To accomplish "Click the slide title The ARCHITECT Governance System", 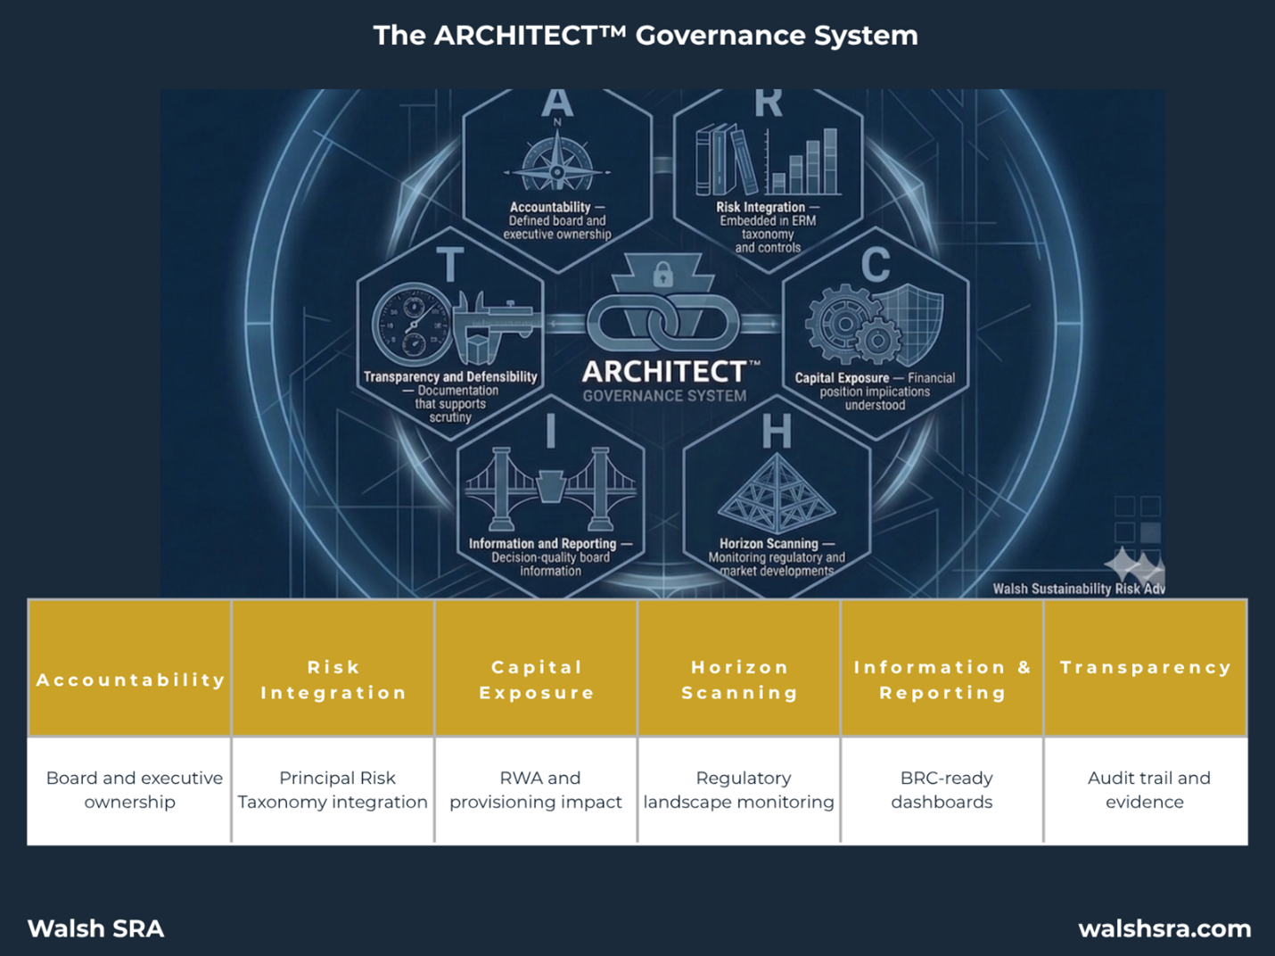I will (x=645, y=36).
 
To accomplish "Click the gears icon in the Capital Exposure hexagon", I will (x=847, y=325).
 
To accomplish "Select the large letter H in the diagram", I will (x=777, y=433).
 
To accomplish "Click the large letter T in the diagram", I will (x=450, y=266).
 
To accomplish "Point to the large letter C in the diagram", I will (x=876, y=265).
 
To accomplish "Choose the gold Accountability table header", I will (x=130, y=680).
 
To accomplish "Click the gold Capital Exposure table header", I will (x=536, y=680).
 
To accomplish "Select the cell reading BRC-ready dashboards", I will (x=942, y=789).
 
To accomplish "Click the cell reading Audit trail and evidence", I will (x=1146, y=789).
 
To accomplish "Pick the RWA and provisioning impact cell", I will (x=536, y=789).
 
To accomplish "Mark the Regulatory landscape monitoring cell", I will (x=739, y=789).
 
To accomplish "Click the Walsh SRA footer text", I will (x=96, y=928).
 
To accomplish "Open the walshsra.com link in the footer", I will (x=1164, y=928).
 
